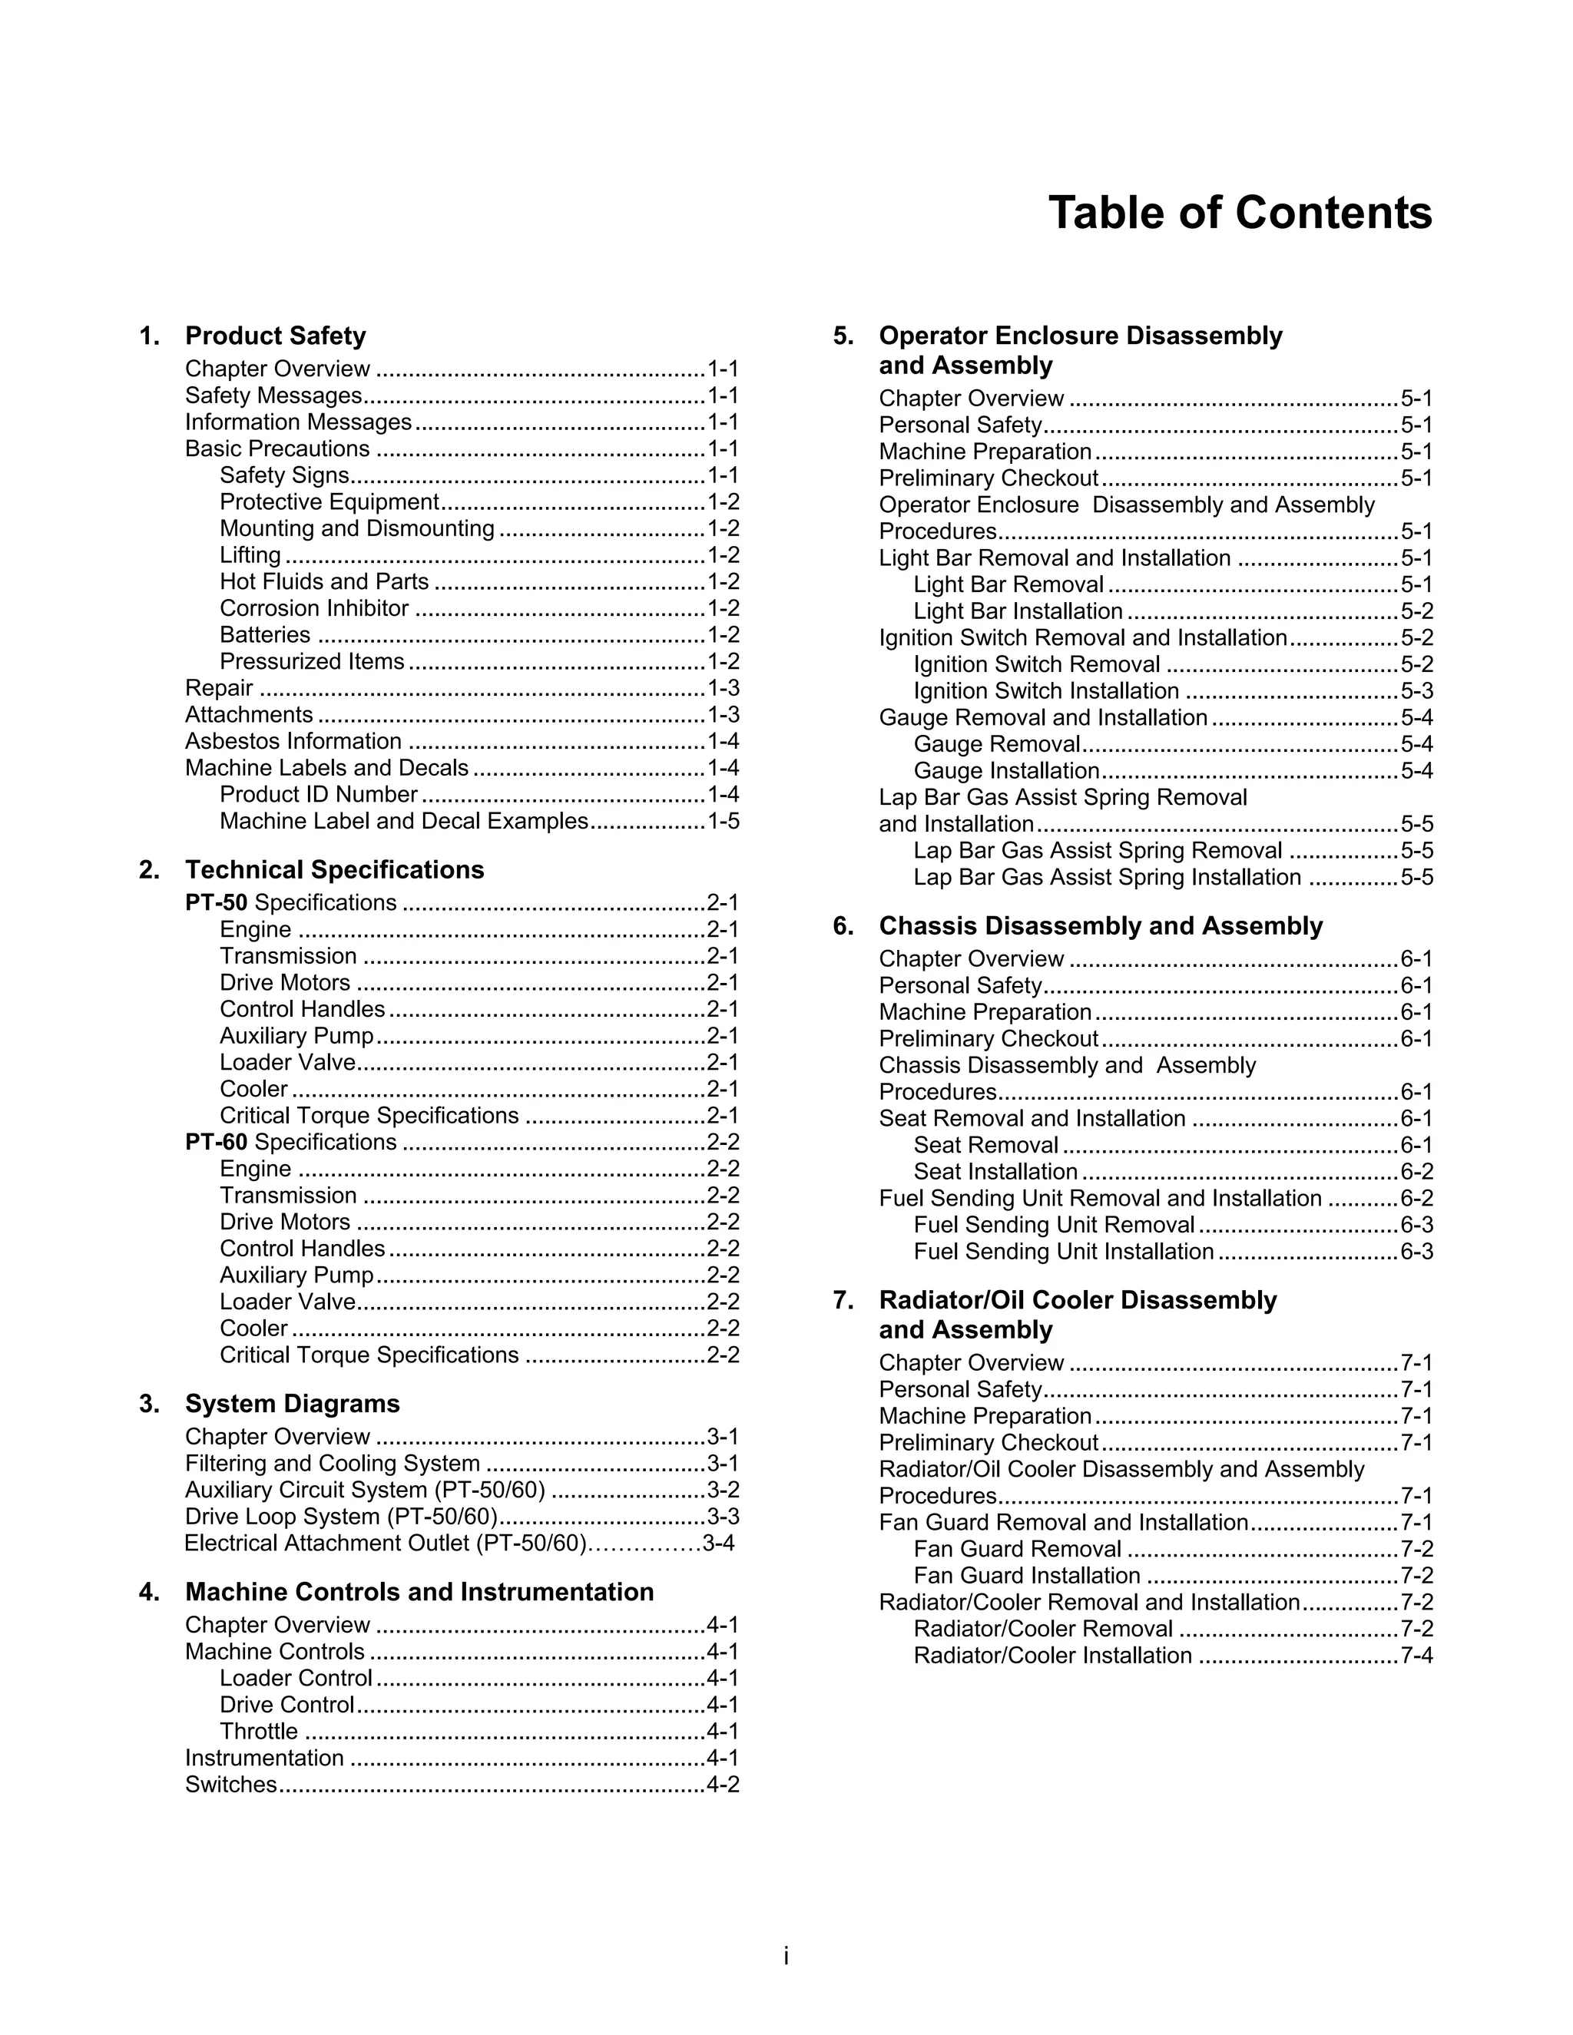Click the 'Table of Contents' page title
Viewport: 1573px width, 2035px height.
[1240, 213]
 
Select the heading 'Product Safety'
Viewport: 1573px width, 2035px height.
[275, 336]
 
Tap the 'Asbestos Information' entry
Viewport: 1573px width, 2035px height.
[293, 741]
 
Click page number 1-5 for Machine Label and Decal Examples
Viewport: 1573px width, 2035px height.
[723, 821]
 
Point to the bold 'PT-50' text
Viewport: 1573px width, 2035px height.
[216, 903]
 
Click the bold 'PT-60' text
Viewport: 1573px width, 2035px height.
[216, 1143]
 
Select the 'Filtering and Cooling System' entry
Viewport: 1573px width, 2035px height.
[333, 1464]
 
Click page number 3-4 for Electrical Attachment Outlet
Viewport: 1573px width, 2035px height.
[718, 1544]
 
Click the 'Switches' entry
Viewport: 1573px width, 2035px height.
[231, 1785]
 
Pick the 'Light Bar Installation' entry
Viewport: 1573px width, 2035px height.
[1018, 611]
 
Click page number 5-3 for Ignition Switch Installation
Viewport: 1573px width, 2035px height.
[1416, 691]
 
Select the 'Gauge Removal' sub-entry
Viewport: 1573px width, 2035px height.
[996, 744]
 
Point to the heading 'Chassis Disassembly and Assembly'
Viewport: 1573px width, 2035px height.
[1101, 925]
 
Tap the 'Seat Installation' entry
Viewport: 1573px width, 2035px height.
[995, 1172]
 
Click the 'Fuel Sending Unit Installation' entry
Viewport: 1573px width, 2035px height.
[1063, 1252]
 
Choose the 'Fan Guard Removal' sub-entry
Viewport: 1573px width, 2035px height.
[1017, 1550]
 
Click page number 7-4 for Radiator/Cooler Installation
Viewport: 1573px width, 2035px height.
[1416, 1656]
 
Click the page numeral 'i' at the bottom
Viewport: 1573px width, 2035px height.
[786, 1956]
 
